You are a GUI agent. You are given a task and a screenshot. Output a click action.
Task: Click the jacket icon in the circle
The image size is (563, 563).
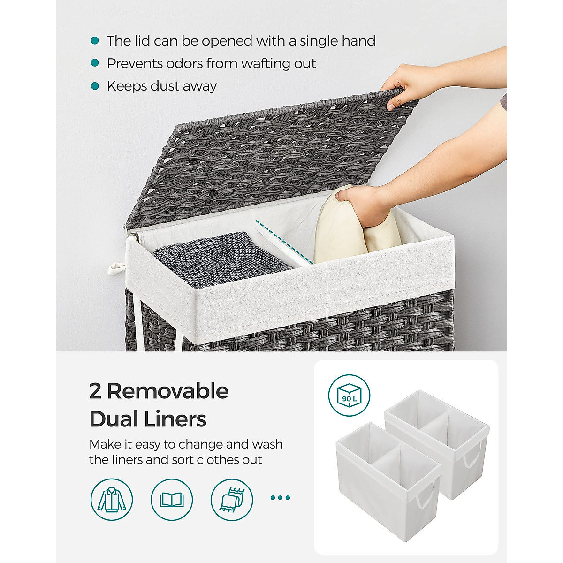coord(112,499)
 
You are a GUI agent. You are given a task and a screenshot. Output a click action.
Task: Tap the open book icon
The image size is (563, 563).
coord(172,499)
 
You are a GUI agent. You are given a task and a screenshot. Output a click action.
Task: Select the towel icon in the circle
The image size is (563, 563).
coord(232,499)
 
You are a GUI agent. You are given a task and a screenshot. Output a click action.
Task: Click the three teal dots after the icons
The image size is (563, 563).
coord(281,498)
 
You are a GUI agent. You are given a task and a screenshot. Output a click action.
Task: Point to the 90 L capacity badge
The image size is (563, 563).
coord(349,395)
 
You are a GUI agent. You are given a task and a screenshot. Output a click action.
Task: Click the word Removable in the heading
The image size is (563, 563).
coord(167,391)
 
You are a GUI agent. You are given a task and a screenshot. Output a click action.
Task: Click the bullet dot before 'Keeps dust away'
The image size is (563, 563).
coord(95,86)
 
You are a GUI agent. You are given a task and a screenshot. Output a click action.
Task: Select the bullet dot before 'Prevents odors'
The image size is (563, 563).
coord(95,63)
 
